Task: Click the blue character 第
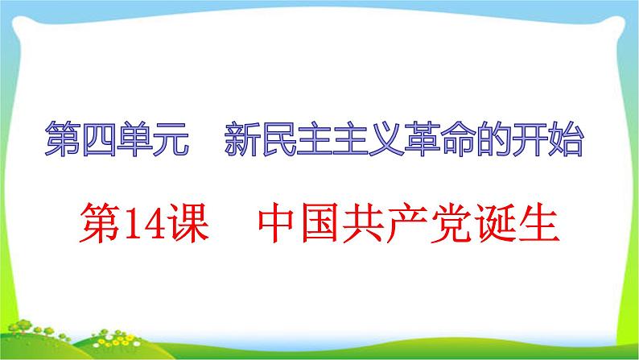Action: (62, 139)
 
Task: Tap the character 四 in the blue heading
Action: (99, 139)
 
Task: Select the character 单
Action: (135, 139)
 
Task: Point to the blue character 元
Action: (171, 139)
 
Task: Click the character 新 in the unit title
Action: (242, 139)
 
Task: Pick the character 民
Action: (278, 139)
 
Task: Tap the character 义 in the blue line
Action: (386, 139)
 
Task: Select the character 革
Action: (423, 139)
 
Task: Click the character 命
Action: (458, 139)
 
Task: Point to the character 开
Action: (530, 139)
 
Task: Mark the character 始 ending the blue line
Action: (566, 139)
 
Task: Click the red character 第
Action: (100, 223)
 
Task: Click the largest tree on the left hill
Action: (23, 326)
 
